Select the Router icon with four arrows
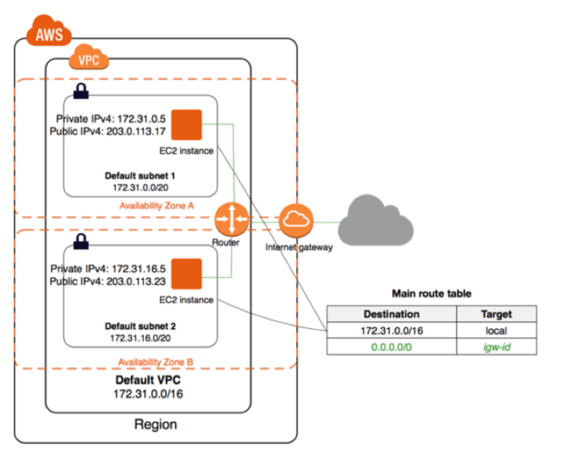(x=231, y=219)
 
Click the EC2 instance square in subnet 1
(x=186, y=126)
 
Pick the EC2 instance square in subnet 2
(x=186, y=274)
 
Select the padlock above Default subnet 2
(x=81, y=240)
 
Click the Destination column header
(x=392, y=314)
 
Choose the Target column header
(x=496, y=314)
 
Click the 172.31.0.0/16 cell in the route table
(x=392, y=330)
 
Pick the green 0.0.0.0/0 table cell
(x=392, y=347)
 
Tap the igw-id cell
(x=496, y=347)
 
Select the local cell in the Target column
(x=496, y=330)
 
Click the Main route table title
(x=432, y=294)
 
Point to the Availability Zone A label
(x=157, y=206)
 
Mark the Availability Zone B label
(x=156, y=361)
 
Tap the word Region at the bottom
(x=156, y=424)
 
